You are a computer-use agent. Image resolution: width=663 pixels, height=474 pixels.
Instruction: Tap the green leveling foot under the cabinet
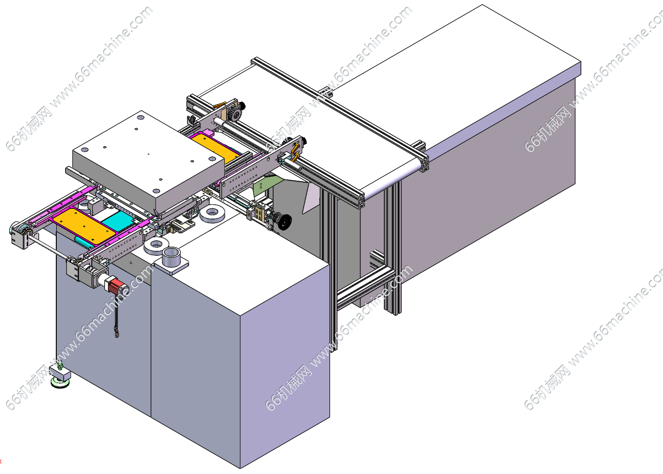[x=60, y=382]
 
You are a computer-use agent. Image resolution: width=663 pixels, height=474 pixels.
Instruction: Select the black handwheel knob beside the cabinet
[x=284, y=222]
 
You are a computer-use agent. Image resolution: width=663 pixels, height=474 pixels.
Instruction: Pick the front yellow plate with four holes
[x=84, y=226]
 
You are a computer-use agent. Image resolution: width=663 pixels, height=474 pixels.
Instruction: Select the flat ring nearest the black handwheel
[x=212, y=213]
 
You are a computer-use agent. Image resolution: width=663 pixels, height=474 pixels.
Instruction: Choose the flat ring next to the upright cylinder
[x=156, y=246]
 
